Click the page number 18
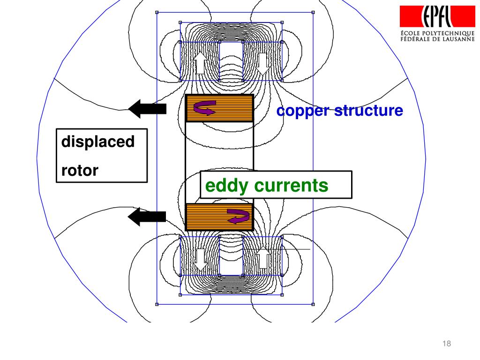click(446, 344)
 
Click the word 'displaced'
click(98, 142)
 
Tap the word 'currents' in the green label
click(291, 186)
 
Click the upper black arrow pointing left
click(147, 109)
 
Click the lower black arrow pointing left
click(147, 216)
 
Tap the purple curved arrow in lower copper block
click(238, 217)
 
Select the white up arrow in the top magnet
click(200, 62)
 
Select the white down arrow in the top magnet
click(262, 64)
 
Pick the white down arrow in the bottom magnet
click(201, 259)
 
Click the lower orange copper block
click(206, 217)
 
